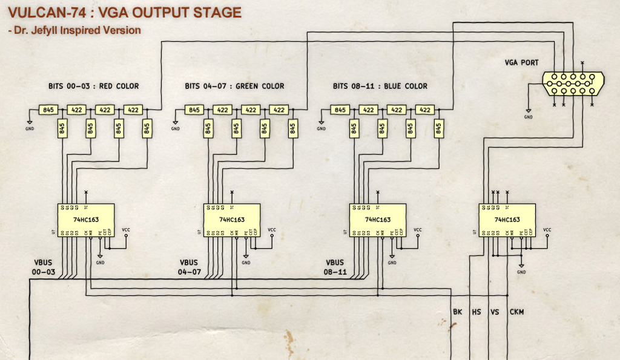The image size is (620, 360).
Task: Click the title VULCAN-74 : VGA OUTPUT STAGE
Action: click(125, 12)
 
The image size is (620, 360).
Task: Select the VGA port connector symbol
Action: click(572, 83)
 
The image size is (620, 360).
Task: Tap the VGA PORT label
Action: click(521, 63)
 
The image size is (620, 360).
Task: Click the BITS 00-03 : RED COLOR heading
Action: click(94, 86)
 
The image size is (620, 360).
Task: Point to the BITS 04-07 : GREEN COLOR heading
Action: click(234, 86)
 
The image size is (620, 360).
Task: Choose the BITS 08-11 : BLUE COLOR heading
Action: click(380, 86)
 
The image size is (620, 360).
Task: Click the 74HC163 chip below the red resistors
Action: click(85, 220)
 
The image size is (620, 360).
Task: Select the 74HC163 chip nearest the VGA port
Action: click(507, 220)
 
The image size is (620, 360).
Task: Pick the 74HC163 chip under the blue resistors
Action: click(378, 220)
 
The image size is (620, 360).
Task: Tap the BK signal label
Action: click(458, 312)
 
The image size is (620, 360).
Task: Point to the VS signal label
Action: click(495, 312)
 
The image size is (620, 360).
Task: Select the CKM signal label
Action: click(517, 312)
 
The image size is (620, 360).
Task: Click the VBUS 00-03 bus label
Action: click(44, 267)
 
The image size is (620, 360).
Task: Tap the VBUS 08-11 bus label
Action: click(335, 267)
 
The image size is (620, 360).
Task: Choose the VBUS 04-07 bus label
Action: click(190, 267)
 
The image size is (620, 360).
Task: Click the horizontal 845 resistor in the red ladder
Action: click(48, 110)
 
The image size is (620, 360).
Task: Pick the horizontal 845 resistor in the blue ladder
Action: click(340, 110)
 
